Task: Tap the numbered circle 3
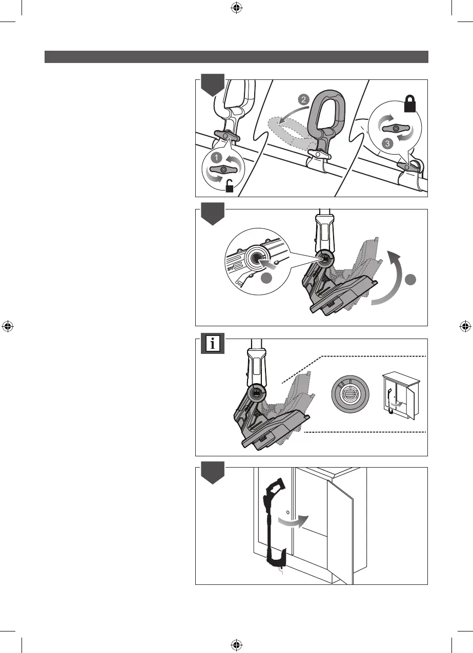pos(387,144)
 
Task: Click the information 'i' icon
pos(213,344)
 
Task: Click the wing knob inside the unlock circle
pos(223,169)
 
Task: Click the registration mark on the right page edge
pos(465,326)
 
